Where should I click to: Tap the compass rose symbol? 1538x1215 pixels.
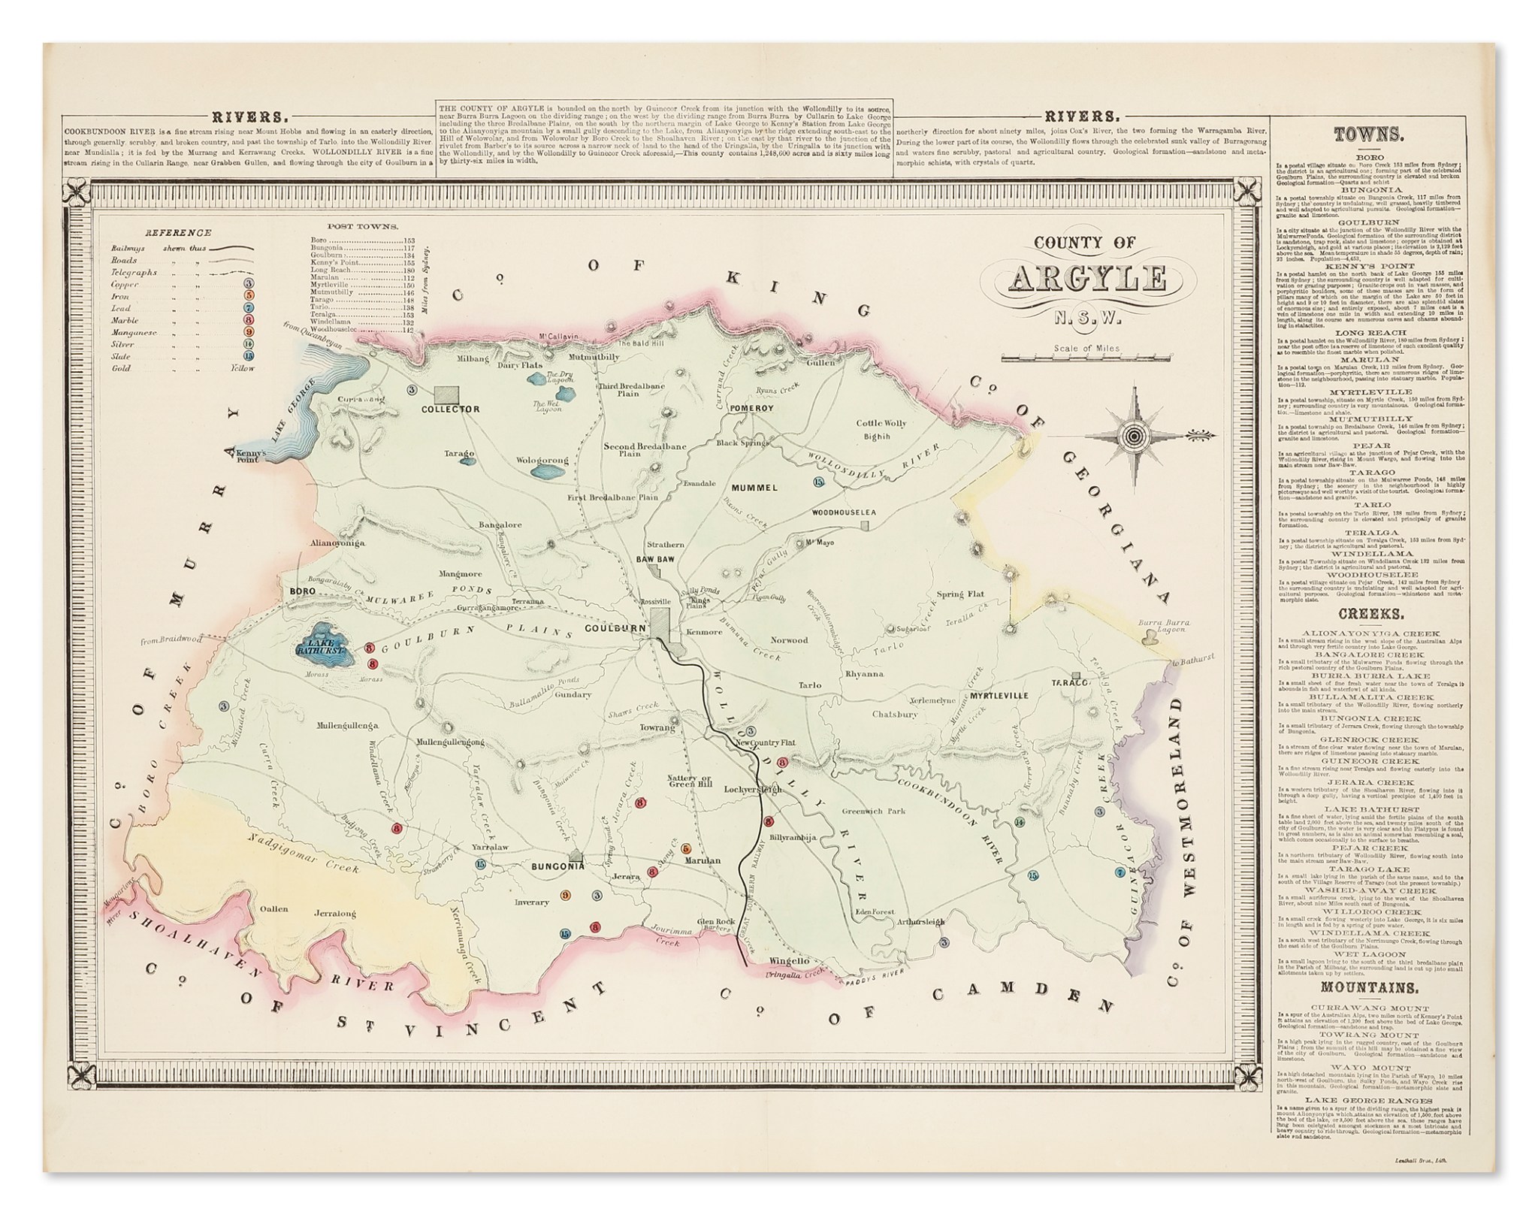click(1135, 436)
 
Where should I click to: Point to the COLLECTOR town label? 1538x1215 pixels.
click(450, 410)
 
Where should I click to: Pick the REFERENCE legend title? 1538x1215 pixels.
click(178, 233)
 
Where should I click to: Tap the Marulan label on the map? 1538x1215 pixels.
click(703, 861)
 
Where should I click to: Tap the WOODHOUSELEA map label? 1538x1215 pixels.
click(844, 512)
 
